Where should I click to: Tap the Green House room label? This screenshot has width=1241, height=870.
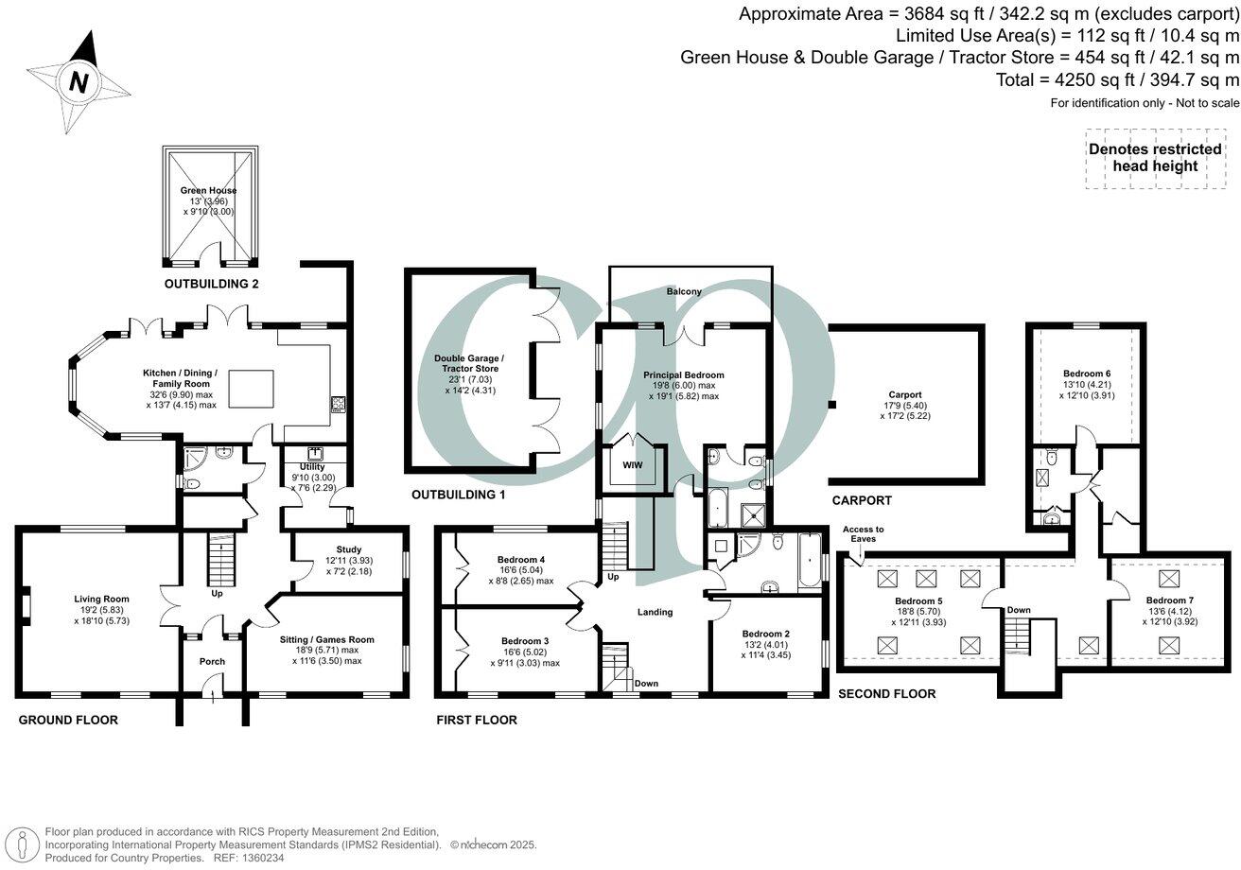(x=208, y=190)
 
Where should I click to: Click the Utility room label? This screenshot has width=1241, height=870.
(x=312, y=467)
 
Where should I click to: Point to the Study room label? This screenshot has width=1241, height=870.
(x=348, y=549)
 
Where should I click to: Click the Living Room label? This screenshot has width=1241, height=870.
(x=102, y=599)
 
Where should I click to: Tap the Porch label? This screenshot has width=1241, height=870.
(x=212, y=661)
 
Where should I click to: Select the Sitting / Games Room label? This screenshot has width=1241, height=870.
(x=327, y=640)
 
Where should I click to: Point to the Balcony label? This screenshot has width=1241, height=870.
(x=684, y=292)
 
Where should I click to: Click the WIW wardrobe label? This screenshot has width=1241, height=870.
(x=631, y=464)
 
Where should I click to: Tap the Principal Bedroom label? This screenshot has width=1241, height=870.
(x=683, y=374)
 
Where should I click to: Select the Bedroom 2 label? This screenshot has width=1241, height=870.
(x=766, y=634)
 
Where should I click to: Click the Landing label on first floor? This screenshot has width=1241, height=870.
(x=655, y=612)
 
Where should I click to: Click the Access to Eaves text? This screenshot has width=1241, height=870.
(x=863, y=534)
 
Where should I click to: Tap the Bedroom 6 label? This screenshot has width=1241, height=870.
(x=1086, y=374)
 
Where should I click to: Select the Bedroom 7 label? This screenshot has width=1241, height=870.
(x=1169, y=600)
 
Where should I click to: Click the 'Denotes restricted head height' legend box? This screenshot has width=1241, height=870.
(x=1155, y=158)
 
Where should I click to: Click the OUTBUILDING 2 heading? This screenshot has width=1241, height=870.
(x=211, y=284)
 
